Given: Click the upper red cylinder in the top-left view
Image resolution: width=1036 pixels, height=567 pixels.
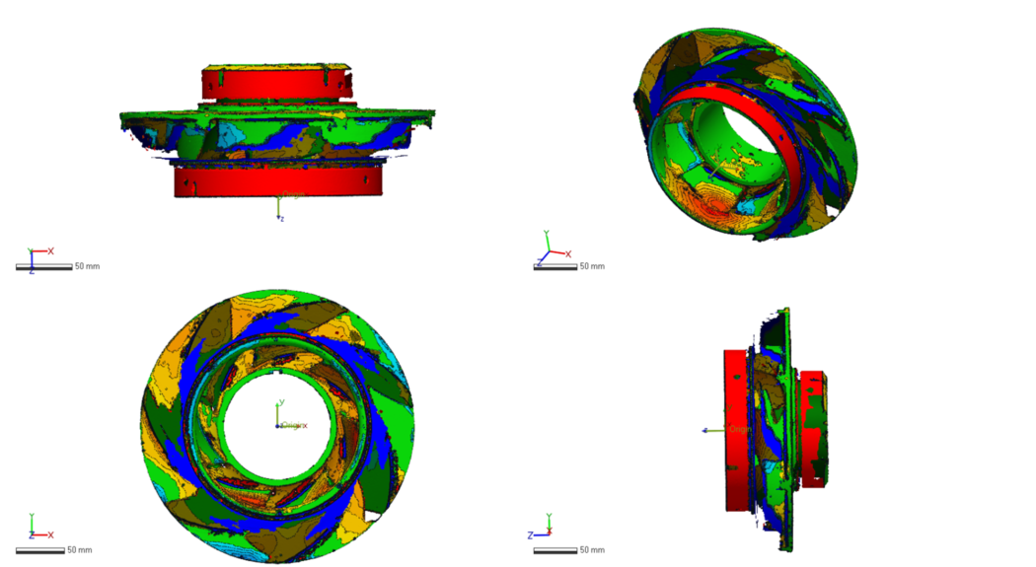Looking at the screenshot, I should click(x=276, y=83).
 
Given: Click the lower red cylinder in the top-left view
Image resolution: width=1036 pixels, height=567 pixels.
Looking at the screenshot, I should click(x=277, y=181).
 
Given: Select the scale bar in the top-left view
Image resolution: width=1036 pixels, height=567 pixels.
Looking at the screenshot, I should click(x=44, y=267).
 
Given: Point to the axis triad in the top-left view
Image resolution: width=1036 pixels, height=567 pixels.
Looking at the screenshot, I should click(x=36, y=258).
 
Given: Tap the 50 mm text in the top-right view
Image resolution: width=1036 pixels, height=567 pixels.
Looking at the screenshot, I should click(x=591, y=266).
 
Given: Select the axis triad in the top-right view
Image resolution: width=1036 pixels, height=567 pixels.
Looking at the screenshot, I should click(x=549, y=250).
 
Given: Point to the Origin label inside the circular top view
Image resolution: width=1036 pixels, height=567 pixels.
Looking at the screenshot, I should click(x=293, y=426).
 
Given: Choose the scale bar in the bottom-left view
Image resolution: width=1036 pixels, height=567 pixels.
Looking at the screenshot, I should click(x=44, y=549).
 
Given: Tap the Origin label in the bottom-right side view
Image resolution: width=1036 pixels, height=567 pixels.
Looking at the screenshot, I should click(x=740, y=429).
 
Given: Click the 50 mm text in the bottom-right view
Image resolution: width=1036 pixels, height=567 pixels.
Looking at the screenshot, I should click(x=591, y=549).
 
